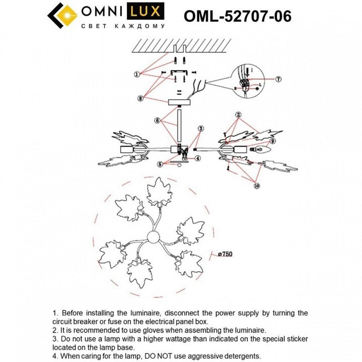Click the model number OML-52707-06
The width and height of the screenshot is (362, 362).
point(237,16)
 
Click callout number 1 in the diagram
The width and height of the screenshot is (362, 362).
point(137,75)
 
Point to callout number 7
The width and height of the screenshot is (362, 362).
point(279,79)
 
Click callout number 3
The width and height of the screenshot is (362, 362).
point(201,128)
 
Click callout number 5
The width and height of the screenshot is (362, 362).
point(160,164)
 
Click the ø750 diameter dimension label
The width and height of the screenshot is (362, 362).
point(225,254)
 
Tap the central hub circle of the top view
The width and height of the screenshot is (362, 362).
point(153,238)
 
